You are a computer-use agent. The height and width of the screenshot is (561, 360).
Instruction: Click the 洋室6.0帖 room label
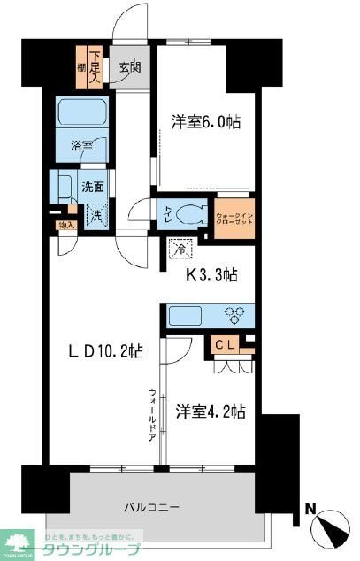(x=205, y=124)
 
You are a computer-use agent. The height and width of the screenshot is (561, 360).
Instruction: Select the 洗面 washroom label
(x=95, y=187)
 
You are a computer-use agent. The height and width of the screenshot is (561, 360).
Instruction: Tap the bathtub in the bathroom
(x=80, y=113)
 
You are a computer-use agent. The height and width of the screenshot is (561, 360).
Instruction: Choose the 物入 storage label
(x=65, y=226)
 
